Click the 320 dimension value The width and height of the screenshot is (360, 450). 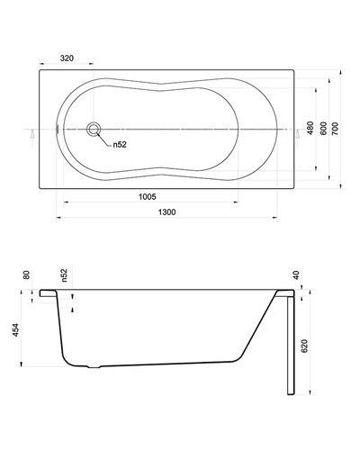tap(67, 58)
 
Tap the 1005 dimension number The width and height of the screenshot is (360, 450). tap(148, 197)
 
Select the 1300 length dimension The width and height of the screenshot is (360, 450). tap(166, 212)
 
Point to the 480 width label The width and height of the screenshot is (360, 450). tap(310, 128)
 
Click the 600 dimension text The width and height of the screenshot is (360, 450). tap(323, 128)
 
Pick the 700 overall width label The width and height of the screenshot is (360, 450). tap(335, 128)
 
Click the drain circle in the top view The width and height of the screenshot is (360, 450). tap(94, 130)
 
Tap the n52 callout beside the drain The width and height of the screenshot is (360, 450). tap(120, 145)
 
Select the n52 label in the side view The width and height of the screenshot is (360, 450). tap(64, 275)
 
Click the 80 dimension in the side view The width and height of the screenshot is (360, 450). tap(27, 274)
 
